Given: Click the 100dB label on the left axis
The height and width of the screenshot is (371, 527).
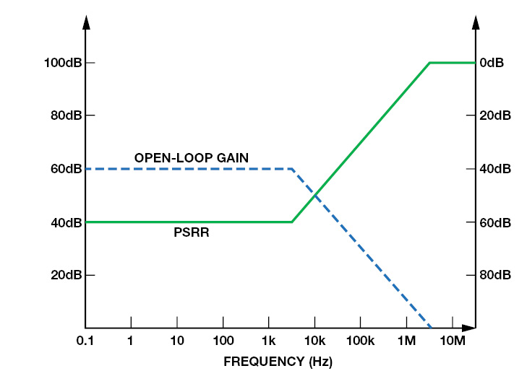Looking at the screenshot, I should [x=62, y=63].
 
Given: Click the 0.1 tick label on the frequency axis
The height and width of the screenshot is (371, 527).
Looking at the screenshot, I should [x=85, y=341].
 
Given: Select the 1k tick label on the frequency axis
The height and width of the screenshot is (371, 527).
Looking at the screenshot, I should [x=269, y=341].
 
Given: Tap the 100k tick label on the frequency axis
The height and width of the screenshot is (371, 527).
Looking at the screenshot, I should [x=360, y=341].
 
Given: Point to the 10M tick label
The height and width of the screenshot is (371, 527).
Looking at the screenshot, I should [x=452, y=341].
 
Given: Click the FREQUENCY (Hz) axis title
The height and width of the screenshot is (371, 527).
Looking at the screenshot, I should [x=278, y=359].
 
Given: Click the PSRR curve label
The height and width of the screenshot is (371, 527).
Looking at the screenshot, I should [x=192, y=232].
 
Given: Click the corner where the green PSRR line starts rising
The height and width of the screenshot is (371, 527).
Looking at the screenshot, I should [x=291, y=222].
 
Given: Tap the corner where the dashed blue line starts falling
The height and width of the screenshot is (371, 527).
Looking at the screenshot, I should [x=291, y=169].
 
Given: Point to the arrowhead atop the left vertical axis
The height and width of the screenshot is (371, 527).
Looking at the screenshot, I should [x=86, y=22].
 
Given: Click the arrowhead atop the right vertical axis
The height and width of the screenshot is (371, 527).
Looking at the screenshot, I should [x=476, y=22].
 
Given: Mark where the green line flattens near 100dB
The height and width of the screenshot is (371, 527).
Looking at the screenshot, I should [x=430, y=63].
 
